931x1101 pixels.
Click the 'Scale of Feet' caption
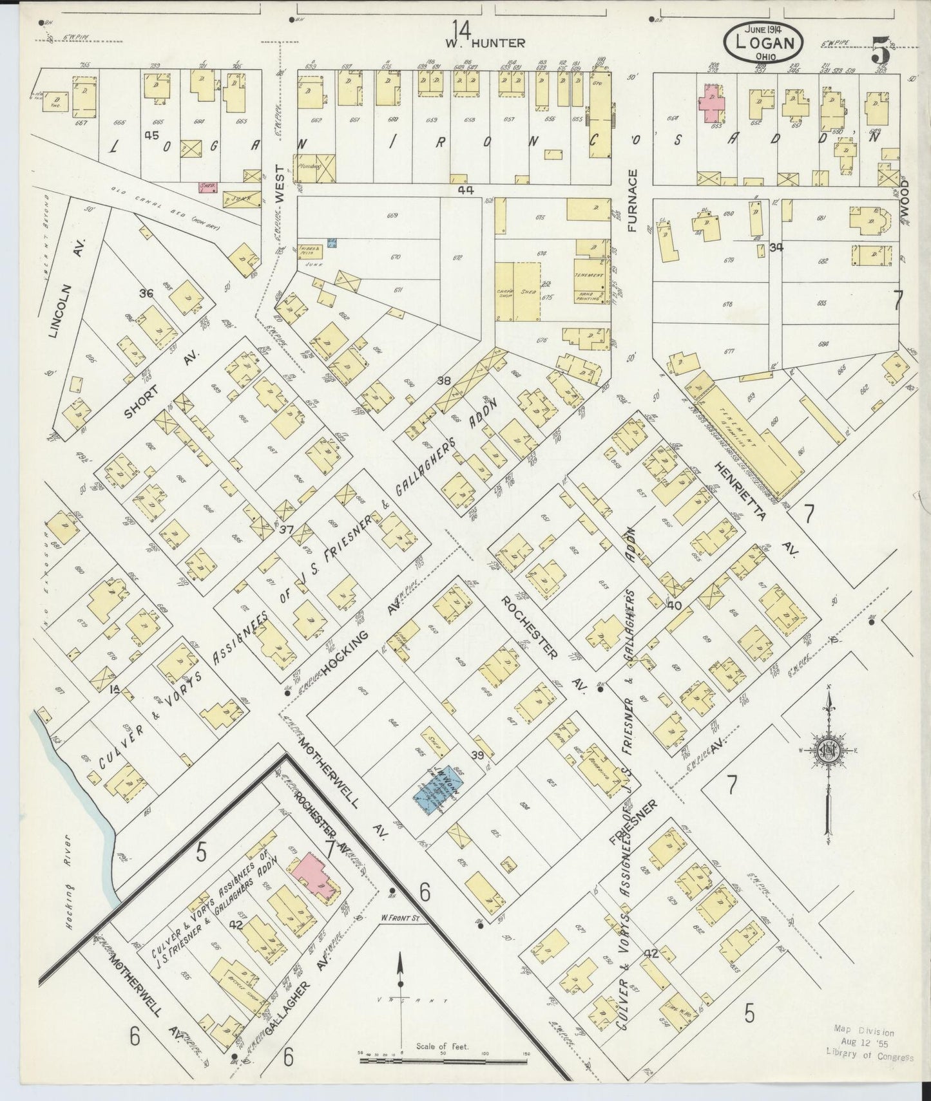[x=442, y=1046]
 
